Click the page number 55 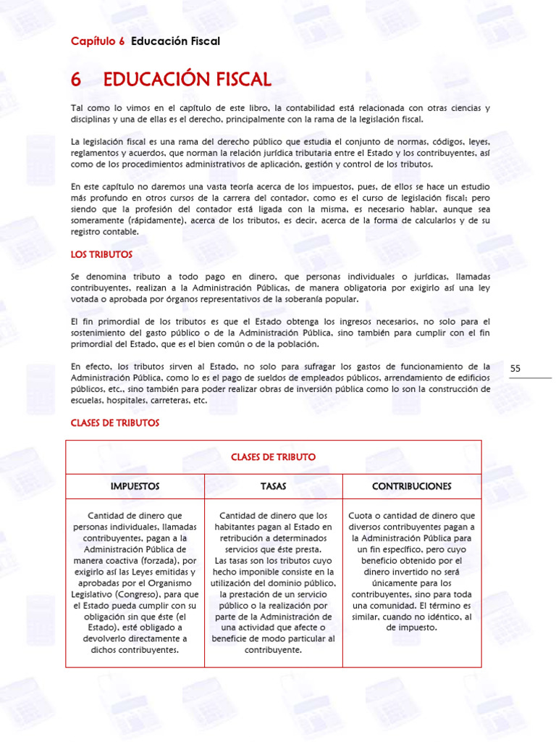[x=515, y=369]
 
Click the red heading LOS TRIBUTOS [x=101, y=254]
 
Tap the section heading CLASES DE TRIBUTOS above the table [x=114, y=422]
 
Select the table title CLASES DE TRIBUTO [x=273, y=457]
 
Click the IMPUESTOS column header [x=135, y=485]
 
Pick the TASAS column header [x=273, y=485]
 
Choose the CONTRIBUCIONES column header [x=411, y=485]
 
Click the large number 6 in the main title [x=76, y=79]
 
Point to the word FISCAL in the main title [x=240, y=79]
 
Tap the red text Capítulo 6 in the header [x=98, y=41]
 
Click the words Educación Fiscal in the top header [x=175, y=41]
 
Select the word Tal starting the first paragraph [x=78, y=108]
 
